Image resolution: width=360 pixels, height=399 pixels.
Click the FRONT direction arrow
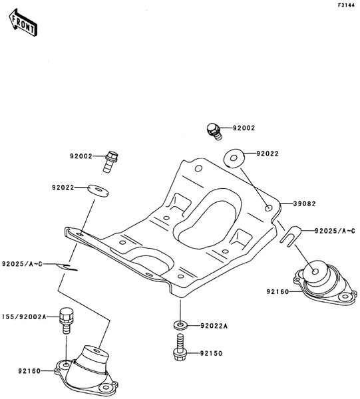click(x=23, y=23)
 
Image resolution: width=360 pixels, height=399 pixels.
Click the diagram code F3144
click(x=346, y=5)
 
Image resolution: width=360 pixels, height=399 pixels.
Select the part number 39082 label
click(x=304, y=203)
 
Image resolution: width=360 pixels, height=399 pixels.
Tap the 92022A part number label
click(x=214, y=326)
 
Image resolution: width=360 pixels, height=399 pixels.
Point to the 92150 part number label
click(x=211, y=353)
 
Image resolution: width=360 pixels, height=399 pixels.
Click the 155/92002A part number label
click(x=24, y=317)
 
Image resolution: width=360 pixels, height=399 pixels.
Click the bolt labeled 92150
click(x=180, y=347)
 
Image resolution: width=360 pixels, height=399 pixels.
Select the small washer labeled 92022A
click(x=180, y=325)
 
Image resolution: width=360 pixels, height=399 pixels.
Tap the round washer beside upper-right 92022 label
click(x=234, y=158)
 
